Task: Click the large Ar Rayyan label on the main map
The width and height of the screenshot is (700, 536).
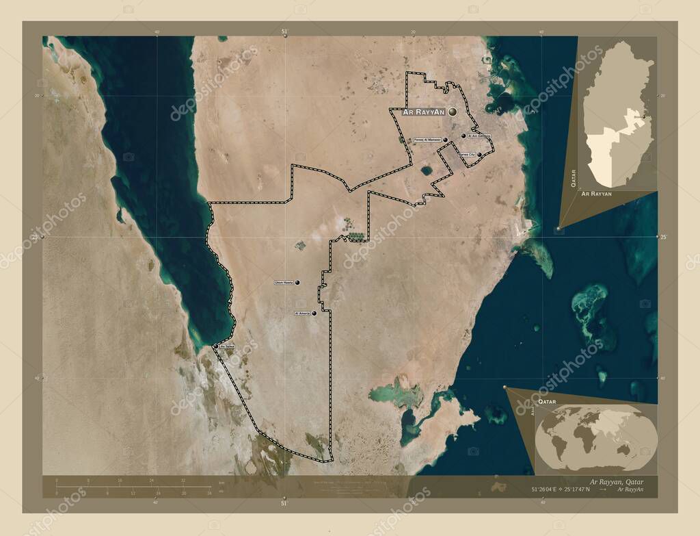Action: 424,112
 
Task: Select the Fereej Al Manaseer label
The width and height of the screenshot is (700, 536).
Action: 427,140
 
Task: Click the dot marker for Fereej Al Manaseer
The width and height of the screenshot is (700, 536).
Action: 446,140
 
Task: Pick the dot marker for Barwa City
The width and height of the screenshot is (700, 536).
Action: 480,155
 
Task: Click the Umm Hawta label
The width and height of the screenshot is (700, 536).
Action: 283,282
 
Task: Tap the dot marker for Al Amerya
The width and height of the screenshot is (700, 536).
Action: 314,313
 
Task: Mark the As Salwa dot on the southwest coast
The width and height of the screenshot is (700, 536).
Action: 216,347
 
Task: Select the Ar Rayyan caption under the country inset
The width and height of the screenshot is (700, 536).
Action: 596,194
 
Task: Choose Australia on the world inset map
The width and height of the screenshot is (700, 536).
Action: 623,449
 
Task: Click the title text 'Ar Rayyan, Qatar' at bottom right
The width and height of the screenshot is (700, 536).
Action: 616,482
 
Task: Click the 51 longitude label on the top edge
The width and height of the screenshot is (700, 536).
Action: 284,31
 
